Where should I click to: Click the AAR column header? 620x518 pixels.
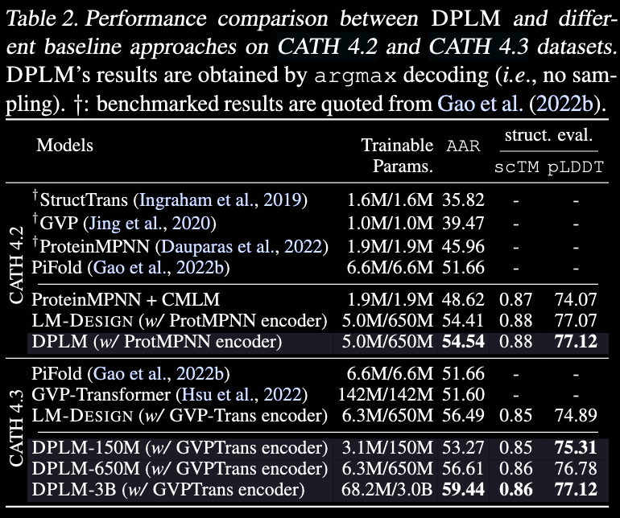(x=463, y=146)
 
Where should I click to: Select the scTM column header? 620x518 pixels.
(x=516, y=166)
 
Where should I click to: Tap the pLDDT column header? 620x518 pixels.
(x=576, y=166)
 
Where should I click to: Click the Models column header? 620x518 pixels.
(x=65, y=146)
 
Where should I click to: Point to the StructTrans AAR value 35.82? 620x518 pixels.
(x=463, y=200)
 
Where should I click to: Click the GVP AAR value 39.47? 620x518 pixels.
(x=463, y=224)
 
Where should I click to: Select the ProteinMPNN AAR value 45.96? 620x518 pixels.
(x=463, y=247)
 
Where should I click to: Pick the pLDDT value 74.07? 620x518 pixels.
(x=576, y=299)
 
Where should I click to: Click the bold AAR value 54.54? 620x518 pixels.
(x=463, y=341)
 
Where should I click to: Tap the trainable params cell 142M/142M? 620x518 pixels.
(x=386, y=394)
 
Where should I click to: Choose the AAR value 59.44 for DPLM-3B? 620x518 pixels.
(x=463, y=489)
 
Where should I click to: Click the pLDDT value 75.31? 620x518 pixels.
(x=576, y=447)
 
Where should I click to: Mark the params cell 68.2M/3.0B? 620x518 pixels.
(x=387, y=489)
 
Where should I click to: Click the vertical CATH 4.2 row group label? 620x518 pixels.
(x=17, y=265)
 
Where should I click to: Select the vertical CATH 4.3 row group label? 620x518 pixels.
(x=17, y=428)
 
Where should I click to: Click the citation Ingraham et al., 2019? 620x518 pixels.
(x=221, y=200)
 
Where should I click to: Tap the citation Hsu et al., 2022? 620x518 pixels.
(x=242, y=394)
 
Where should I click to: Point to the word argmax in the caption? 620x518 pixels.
(x=355, y=76)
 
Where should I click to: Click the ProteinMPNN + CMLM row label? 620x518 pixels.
(x=126, y=299)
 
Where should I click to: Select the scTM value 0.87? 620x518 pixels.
(x=515, y=299)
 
